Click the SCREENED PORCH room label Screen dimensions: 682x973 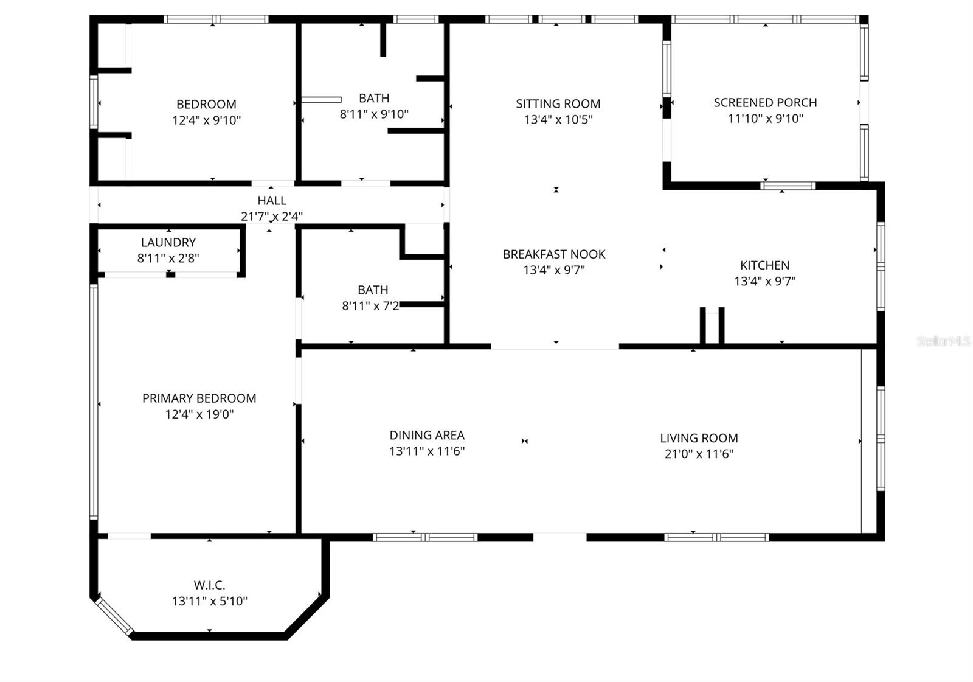point(765,103)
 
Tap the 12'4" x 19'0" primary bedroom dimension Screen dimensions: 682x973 point(199,414)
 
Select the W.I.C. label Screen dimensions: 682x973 point(209,585)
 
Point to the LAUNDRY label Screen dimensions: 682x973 point(168,243)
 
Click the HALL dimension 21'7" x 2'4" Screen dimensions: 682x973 point(272,216)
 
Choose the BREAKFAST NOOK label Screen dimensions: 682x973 point(553,254)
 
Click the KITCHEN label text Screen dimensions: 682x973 point(764,265)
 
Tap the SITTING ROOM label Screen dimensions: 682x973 point(558,104)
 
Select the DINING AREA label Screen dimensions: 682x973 point(427,435)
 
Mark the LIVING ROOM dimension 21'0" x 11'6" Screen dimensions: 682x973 point(699,454)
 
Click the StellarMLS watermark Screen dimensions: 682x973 point(943,341)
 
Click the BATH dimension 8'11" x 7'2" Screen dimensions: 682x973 point(371,306)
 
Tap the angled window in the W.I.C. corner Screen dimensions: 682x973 point(113,616)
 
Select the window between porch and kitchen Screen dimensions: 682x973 point(788,186)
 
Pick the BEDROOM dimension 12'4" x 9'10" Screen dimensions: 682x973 point(206,120)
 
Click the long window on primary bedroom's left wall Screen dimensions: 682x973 point(94,402)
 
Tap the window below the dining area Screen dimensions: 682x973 point(425,537)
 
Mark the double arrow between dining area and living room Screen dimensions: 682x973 point(524,441)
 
